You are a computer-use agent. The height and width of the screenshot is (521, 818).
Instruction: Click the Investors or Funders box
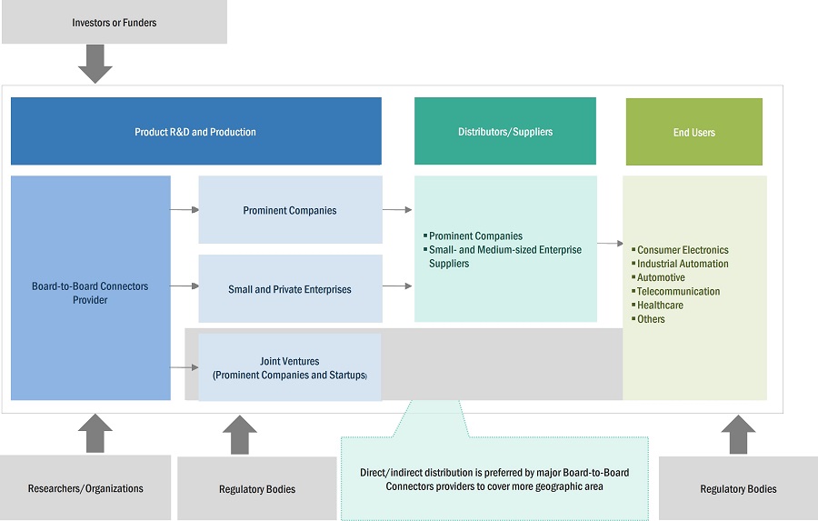(x=114, y=23)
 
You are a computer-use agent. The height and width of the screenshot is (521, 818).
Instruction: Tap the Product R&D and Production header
(x=195, y=132)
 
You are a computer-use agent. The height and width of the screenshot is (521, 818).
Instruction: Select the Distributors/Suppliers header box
(x=504, y=132)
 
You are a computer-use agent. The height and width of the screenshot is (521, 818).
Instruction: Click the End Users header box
(x=693, y=132)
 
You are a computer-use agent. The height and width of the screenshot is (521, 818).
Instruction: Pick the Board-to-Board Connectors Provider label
(x=90, y=293)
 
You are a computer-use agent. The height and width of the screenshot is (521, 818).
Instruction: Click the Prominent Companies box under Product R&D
(x=290, y=210)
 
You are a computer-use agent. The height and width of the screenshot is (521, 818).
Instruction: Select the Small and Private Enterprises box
(x=290, y=289)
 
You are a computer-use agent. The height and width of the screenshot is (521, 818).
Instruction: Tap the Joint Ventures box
(x=290, y=367)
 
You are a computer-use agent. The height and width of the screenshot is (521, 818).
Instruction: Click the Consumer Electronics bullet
(x=683, y=250)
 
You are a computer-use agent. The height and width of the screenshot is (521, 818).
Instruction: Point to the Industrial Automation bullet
(x=683, y=264)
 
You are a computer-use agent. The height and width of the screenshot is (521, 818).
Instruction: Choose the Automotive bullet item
(x=661, y=277)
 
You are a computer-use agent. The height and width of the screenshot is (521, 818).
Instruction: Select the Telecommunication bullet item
(x=678, y=291)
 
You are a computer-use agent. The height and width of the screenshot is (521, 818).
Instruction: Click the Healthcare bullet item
(x=660, y=306)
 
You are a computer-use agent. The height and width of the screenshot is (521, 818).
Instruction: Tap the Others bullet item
(x=651, y=319)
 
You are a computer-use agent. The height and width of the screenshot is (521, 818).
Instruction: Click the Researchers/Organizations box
(x=85, y=488)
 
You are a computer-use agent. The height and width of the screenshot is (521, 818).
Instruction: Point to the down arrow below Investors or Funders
(x=95, y=64)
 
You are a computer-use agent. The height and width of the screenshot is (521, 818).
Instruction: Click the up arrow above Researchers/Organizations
(x=95, y=434)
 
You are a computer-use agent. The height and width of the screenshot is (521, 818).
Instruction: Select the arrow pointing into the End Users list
(x=610, y=244)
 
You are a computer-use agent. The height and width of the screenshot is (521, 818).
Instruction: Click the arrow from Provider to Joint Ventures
(x=185, y=367)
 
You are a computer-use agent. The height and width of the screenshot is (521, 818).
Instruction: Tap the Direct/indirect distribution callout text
(x=494, y=479)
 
